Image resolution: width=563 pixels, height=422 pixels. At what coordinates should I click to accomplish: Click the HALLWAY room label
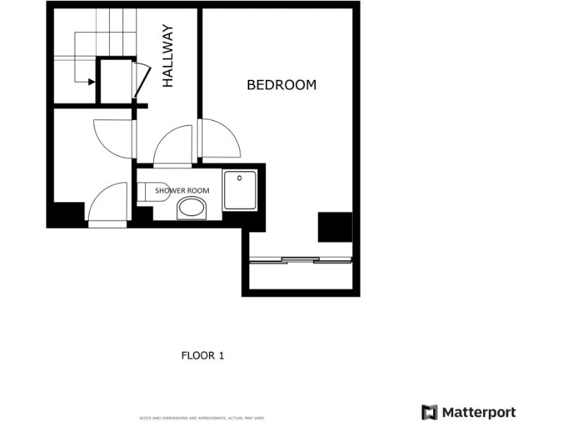(x=168, y=56)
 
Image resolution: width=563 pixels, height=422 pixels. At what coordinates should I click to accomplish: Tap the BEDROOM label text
(x=281, y=85)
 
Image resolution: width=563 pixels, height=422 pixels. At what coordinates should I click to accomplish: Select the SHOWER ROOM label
(x=182, y=190)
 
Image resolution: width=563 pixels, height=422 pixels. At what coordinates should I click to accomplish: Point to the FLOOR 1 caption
(x=202, y=356)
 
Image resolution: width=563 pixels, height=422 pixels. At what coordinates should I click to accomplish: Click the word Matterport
(x=479, y=412)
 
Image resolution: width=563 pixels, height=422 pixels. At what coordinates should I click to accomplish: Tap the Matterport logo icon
(x=430, y=412)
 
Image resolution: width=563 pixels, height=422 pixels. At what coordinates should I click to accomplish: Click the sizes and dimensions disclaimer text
(x=202, y=418)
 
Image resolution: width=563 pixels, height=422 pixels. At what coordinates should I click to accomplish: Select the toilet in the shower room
(x=152, y=190)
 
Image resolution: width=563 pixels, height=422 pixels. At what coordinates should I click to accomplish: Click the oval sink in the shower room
(x=192, y=209)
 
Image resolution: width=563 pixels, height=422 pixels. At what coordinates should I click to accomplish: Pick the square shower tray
(x=240, y=190)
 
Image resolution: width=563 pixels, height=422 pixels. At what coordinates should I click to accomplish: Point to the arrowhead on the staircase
(x=92, y=81)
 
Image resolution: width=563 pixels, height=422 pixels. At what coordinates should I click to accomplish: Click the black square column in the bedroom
(x=334, y=227)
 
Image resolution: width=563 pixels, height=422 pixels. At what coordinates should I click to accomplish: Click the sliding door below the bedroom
(x=302, y=259)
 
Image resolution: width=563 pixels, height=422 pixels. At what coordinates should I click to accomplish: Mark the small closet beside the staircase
(x=115, y=81)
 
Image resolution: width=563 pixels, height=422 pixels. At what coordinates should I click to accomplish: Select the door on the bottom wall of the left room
(x=108, y=205)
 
